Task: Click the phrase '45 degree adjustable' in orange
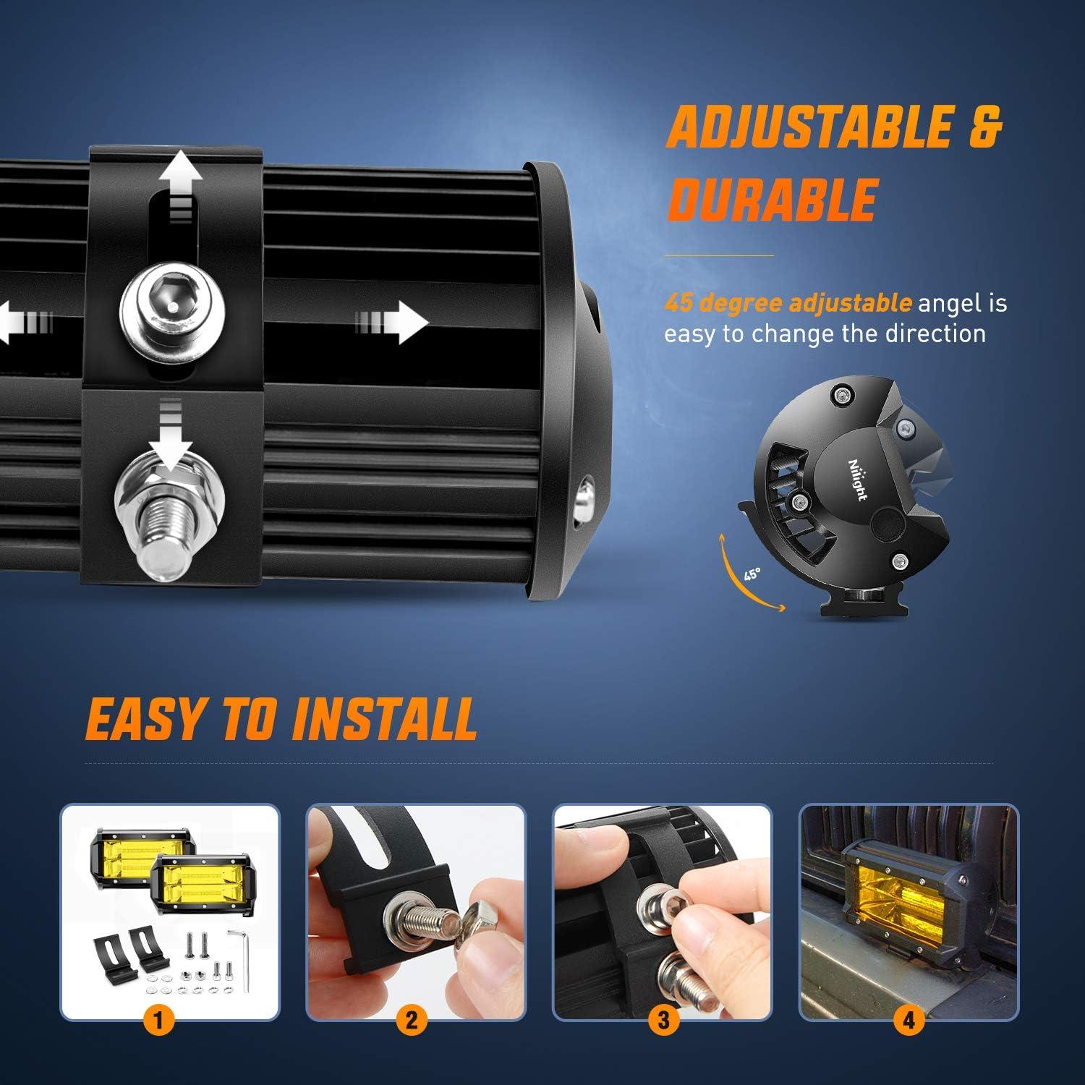coord(788,303)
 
